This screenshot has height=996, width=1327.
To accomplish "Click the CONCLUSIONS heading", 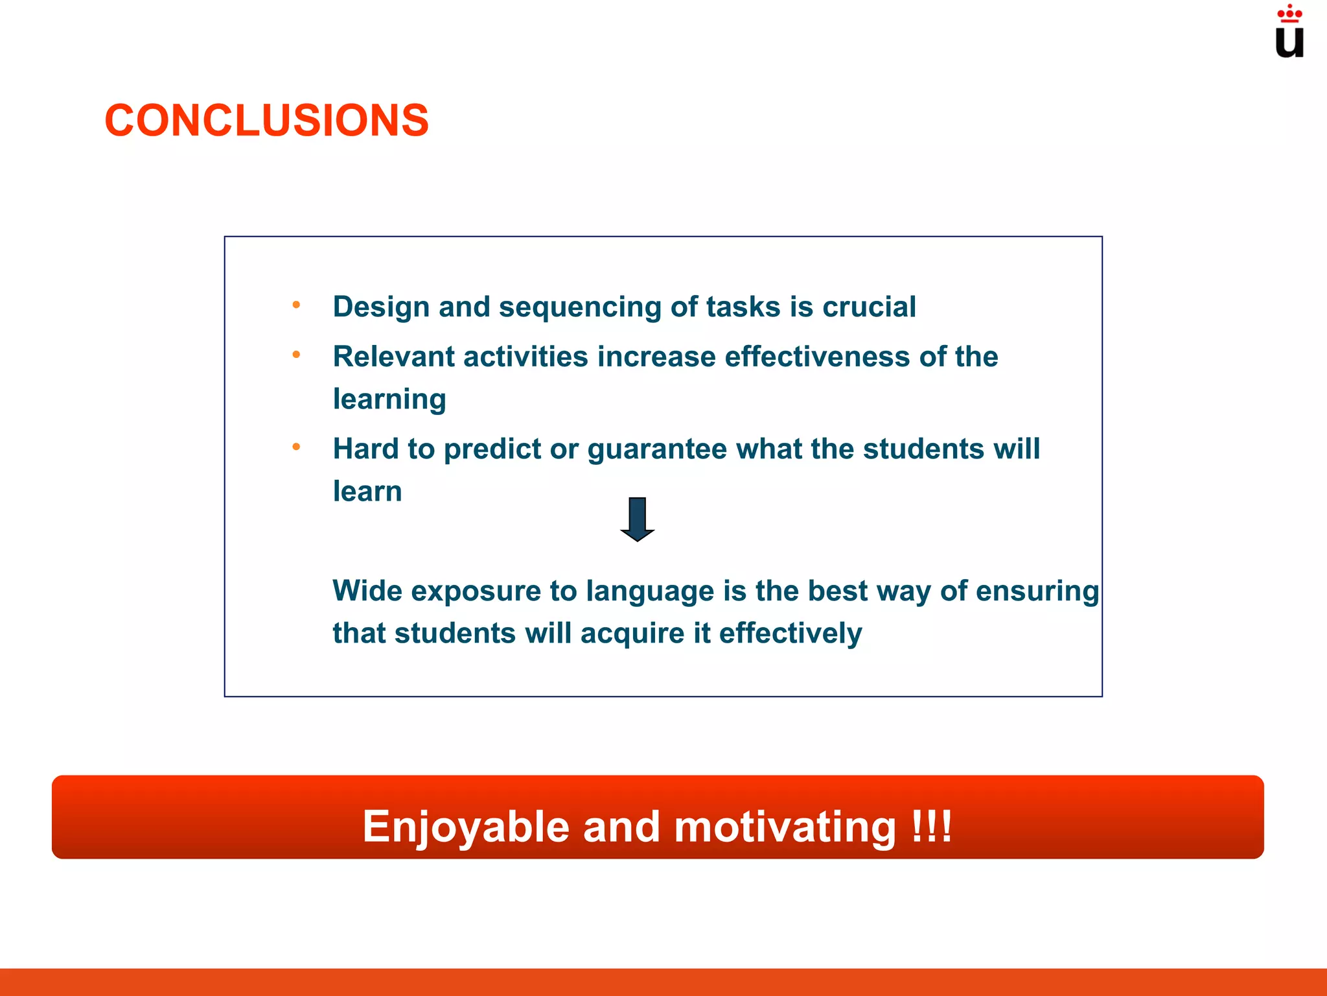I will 266,121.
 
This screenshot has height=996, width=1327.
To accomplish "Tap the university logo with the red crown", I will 1289,32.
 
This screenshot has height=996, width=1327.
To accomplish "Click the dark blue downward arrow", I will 637,519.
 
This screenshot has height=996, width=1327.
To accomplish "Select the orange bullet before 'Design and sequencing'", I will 296,305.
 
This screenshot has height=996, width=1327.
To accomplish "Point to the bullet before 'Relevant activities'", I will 296,355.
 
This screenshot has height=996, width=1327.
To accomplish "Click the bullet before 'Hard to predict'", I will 296,447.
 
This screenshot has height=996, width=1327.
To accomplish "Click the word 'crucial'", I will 869,307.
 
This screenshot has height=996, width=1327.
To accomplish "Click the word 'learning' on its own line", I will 389,399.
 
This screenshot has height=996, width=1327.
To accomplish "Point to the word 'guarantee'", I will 657,449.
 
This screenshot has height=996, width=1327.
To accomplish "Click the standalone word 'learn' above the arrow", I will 367,492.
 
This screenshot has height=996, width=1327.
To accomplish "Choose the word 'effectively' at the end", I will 790,634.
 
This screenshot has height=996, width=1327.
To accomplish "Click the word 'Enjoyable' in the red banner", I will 465,827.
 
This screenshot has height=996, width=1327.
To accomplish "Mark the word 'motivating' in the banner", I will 785,827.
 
